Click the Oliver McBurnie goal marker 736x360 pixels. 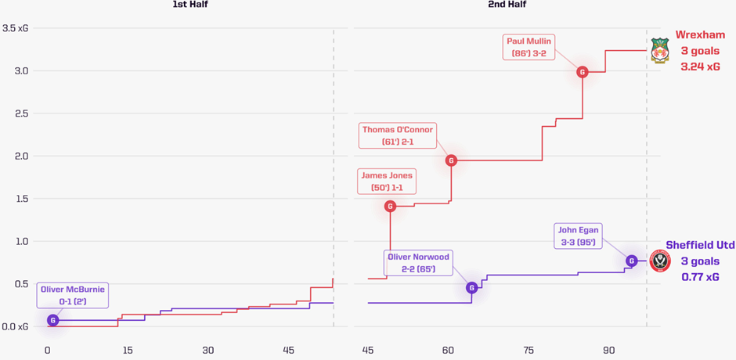pyautogui.click(x=53, y=320)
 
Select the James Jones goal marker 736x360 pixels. pyautogui.click(x=390, y=207)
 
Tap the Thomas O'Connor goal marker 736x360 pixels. pyautogui.click(x=451, y=160)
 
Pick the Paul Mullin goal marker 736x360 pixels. pyautogui.click(x=582, y=72)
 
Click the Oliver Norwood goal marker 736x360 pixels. pyautogui.click(x=471, y=288)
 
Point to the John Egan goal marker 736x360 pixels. pyautogui.click(x=631, y=261)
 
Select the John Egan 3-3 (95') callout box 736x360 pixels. pyautogui.click(x=579, y=236)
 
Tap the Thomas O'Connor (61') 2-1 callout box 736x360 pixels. pyautogui.click(x=397, y=135)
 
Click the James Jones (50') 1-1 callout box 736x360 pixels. pyautogui.click(x=387, y=181)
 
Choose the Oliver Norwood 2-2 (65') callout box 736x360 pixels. pyautogui.click(x=419, y=263)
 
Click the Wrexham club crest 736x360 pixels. pyautogui.click(x=660, y=51)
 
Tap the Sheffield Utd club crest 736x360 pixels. pyautogui.click(x=660, y=261)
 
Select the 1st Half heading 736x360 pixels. pyautogui.click(x=190, y=5)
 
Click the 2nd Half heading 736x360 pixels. pyautogui.click(x=507, y=5)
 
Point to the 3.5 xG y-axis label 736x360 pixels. pyautogui.click(x=16, y=29)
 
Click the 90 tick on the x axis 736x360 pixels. pyautogui.click(x=608, y=350)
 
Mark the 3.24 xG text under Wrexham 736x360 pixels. pyautogui.click(x=702, y=67)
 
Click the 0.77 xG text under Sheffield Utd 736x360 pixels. pyautogui.click(x=701, y=277)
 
